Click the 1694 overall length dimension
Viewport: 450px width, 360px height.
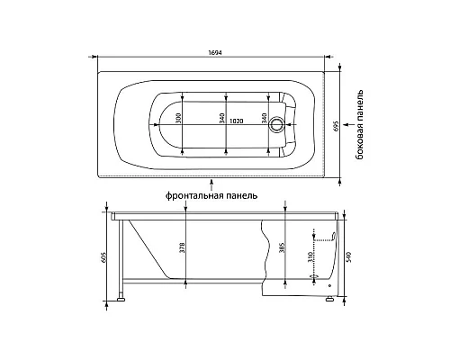tap(215, 52)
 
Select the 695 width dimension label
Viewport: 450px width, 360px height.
tap(336, 126)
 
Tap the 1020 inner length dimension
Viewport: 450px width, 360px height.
tap(236, 121)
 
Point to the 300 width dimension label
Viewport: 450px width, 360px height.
tap(179, 119)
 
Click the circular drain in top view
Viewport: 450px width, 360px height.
tap(275, 124)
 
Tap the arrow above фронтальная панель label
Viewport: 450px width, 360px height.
tap(212, 184)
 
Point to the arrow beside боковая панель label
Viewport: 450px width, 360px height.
tap(347, 124)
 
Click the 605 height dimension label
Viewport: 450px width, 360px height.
tap(104, 256)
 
